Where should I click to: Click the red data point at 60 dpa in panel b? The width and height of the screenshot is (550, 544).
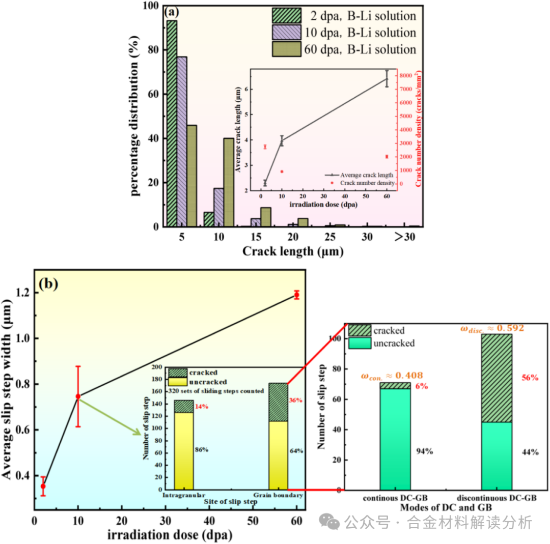(296, 295)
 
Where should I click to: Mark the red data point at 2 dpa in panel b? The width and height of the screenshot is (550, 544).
(43, 486)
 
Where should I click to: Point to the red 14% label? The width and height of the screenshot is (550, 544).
(202, 407)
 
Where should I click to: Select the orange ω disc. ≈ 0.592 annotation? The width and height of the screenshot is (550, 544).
(491, 328)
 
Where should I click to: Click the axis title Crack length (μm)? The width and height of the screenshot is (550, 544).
(292, 251)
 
